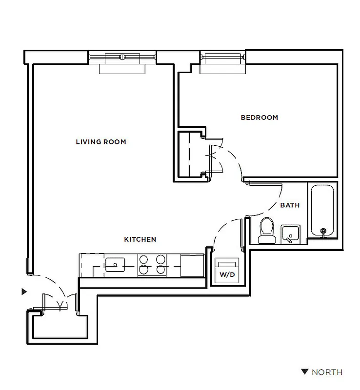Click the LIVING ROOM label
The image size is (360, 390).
[101, 142]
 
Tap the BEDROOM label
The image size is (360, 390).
[260, 117]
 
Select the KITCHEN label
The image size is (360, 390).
[140, 239]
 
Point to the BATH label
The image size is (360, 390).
[290, 205]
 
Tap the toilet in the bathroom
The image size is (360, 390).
[266, 230]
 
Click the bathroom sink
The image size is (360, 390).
[291, 234]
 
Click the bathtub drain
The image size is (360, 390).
[322, 231]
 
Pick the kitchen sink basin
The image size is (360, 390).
[115, 265]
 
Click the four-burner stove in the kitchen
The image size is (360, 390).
[152, 265]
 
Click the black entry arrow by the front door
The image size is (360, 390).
[23, 292]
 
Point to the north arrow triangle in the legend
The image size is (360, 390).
[304, 372]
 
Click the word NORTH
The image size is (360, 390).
[327, 372]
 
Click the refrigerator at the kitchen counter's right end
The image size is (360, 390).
[192, 265]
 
